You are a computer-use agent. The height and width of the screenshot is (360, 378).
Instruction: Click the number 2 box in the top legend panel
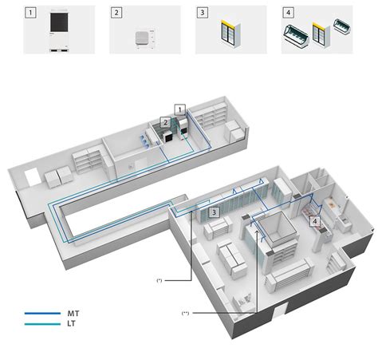pos(116,13)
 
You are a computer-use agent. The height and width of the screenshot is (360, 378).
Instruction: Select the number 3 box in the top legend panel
pos(203,13)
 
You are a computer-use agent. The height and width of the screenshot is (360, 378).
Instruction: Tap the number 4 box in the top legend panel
pos(289,13)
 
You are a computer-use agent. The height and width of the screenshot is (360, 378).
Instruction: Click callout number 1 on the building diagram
pos(181,108)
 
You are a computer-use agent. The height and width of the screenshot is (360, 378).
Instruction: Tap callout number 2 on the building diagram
pos(164,122)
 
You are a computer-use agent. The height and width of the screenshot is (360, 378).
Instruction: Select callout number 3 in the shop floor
pos(215,212)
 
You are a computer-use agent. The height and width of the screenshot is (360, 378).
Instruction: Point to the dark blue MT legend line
pos(42,313)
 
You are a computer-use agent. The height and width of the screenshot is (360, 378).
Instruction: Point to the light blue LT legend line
pos(42,324)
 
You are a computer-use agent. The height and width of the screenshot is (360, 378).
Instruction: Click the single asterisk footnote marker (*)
pos(159,281)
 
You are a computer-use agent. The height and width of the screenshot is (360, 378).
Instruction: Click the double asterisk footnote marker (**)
pos(185,313)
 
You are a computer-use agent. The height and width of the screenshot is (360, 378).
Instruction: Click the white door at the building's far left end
pos(30,175)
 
